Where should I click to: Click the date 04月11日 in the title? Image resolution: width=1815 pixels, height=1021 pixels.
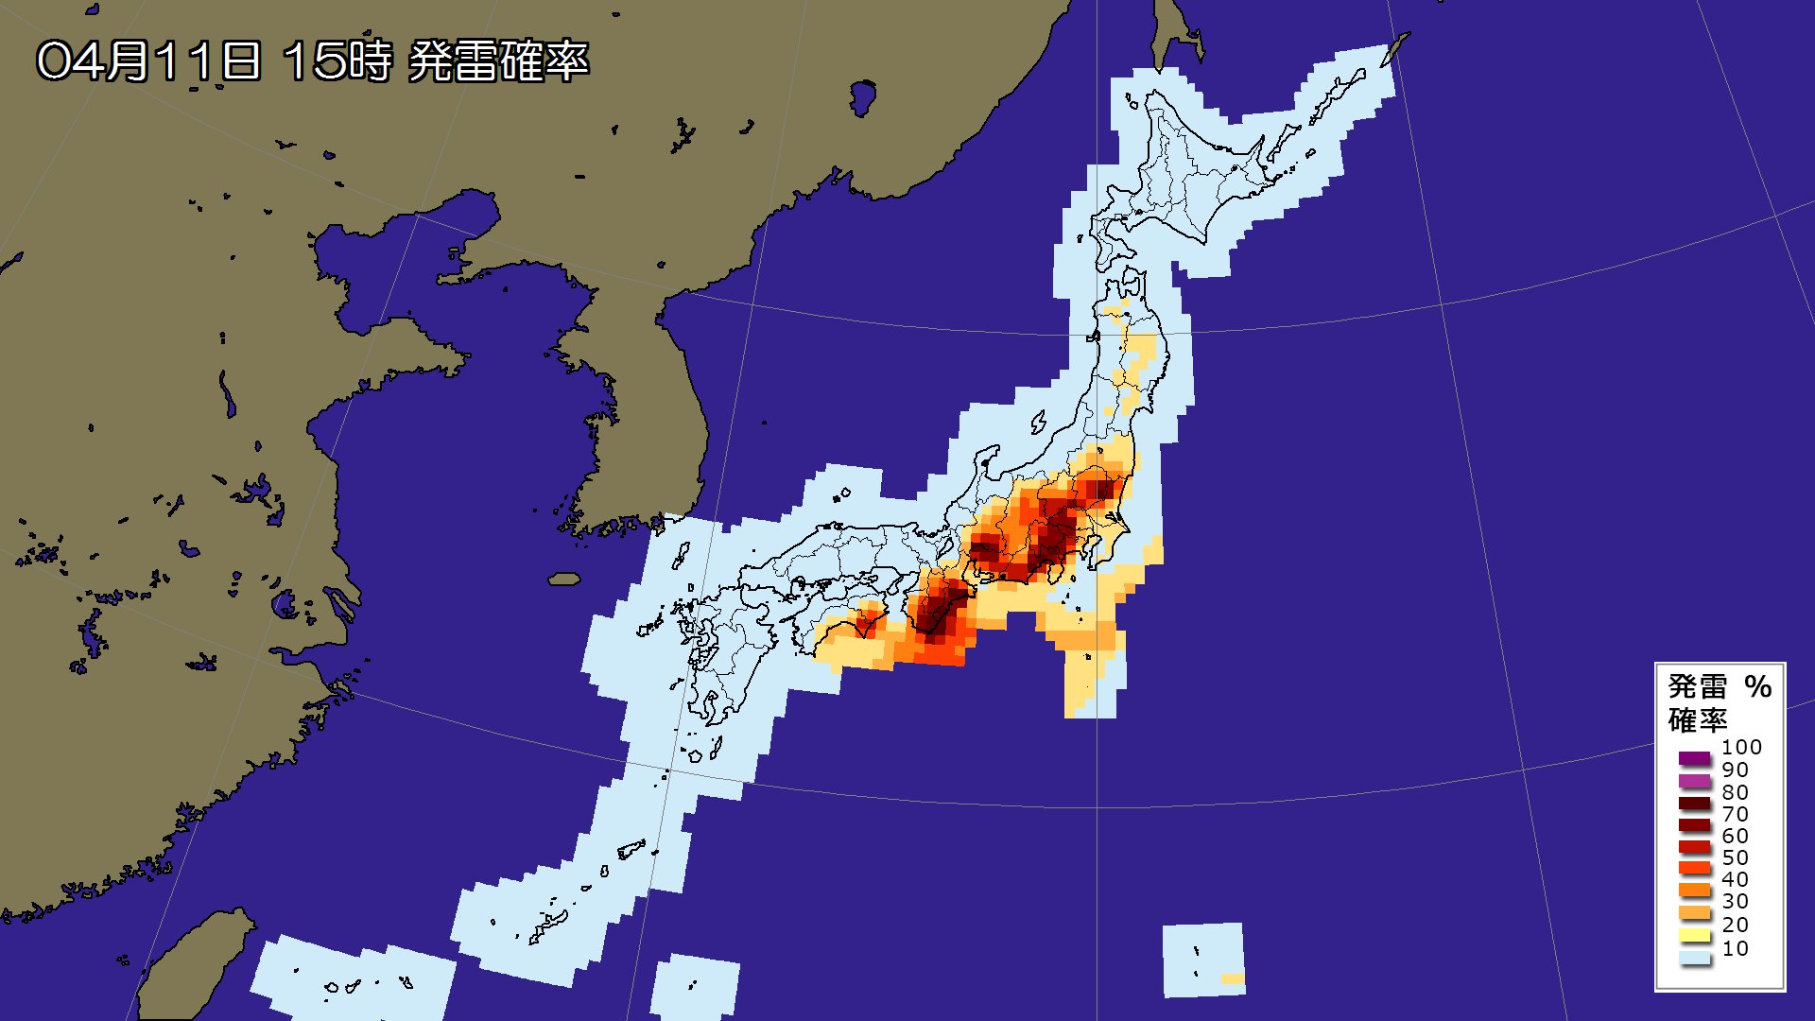click(148, 61)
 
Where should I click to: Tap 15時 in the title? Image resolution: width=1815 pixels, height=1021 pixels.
click(337, 61)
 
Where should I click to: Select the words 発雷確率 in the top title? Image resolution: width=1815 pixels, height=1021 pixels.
click(498, 61)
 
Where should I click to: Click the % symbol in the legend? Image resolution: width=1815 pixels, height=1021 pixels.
click(1757, 686)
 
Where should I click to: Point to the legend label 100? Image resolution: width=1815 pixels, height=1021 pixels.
click(1741, 747)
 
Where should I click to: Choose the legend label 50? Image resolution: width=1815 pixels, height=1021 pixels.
click(1735, 857)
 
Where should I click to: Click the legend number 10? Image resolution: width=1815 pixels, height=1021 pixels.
click(1735, 948)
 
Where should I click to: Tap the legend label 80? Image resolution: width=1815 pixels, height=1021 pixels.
click(1735, 792)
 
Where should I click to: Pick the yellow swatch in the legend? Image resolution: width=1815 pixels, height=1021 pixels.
click(1695, 936)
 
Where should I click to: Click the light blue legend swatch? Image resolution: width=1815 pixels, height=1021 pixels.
click(1695, 959)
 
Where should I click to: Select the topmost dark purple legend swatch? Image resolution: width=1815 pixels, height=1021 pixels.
click(1695, 758)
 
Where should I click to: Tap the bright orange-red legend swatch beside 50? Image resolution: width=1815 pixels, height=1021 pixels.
click(1695, 868)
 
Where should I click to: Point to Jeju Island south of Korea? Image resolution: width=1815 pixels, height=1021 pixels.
click(564, 579)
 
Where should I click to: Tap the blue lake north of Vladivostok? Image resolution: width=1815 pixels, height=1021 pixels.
click(862, 96)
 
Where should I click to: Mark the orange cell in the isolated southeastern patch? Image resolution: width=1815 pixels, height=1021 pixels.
click(1232, 978)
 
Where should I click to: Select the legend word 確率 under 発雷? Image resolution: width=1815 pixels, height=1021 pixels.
click(1697, 720)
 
